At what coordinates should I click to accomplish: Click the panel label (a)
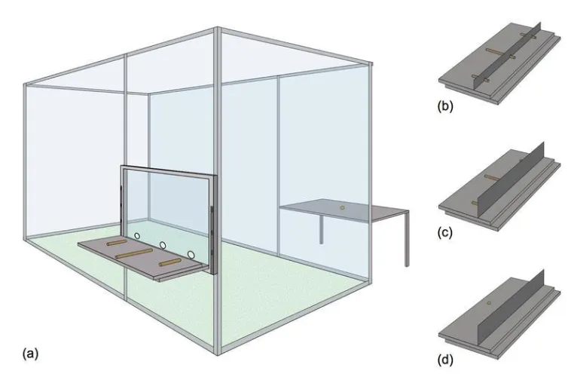click(x=30, y=354)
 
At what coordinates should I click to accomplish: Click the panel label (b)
click(x=445, y=106)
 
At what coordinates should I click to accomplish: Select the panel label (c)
click(x=445, y=232)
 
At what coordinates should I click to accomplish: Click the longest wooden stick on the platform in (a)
click(x=134, y=253)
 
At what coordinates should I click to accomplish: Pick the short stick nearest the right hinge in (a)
click(x=169, y=262)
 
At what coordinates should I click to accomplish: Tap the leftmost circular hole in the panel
click(x=137, y=236)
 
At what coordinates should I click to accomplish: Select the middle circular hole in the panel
click(x=163, y=245)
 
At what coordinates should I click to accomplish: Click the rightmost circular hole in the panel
click(x=191, y=254)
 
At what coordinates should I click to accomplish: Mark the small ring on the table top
click(x=342, y=208)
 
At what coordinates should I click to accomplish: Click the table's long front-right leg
click(x=407, y=239)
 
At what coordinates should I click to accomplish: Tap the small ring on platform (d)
click(x=489, y=303)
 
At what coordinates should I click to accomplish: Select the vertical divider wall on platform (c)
click(x=511, y=179)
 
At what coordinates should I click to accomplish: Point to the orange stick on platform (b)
click(x=495, y=52)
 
